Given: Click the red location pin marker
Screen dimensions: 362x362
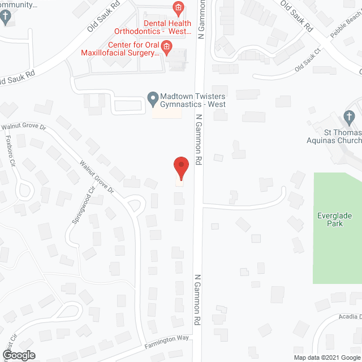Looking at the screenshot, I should click(180, 168).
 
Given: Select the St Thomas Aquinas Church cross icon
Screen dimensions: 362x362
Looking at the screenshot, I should click(349, 118).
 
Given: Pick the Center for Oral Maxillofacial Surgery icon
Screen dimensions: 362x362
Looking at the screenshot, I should click(167, 46).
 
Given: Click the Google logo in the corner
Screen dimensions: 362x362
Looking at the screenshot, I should click(18, 355).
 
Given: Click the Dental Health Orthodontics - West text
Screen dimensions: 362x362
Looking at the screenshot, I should click(153, 28).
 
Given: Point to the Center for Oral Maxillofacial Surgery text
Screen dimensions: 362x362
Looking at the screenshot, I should click(128, 49).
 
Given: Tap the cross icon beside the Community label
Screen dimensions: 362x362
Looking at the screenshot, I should click(6, 18).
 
